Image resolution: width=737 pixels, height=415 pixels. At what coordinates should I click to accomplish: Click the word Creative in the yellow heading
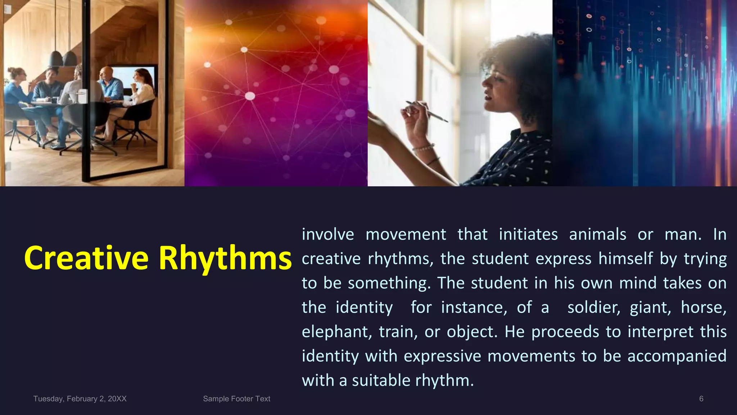pos(86,258)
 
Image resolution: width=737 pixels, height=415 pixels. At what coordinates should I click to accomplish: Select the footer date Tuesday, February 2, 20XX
pos(80,399)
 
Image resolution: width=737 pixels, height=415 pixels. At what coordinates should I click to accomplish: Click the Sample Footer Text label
pos(236,399)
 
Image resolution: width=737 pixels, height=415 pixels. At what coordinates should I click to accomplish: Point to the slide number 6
pos(701,399)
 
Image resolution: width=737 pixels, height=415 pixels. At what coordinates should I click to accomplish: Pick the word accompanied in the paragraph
pos(677,356)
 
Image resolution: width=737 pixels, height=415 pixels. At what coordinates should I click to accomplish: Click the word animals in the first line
pos(597,235)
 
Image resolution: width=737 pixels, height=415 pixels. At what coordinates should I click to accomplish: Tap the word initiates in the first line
pos(528,235)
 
